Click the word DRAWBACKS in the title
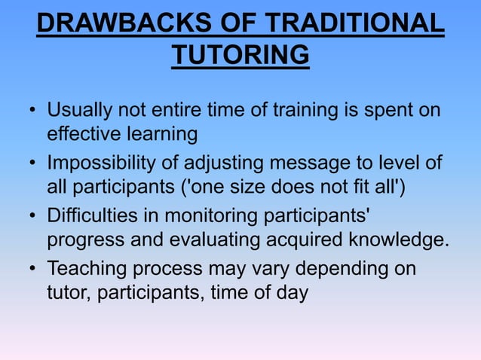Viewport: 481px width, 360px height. click(111, 23)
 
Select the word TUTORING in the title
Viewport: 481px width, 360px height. click(240, 56)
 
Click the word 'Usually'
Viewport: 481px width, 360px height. click(79, 111)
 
